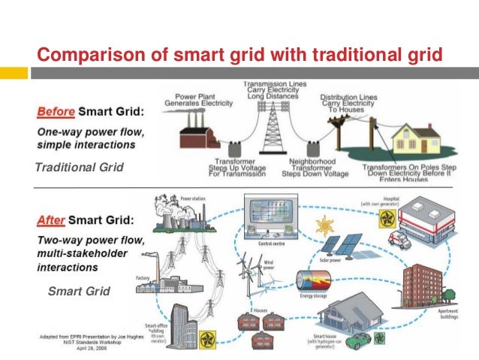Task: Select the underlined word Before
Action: pyautogui.click(x=55, y=111)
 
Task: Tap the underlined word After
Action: pyautogui.click(x=51, y=222)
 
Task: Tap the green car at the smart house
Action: pyautogui.click(x=359, y=341)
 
